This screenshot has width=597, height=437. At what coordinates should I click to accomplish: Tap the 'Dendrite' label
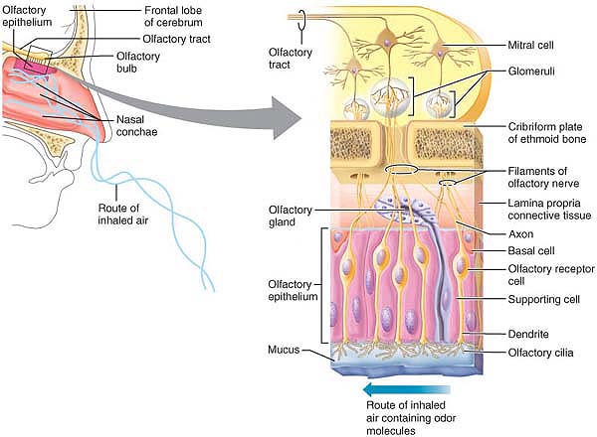(x=506, y=335)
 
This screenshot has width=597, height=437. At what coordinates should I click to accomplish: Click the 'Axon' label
(x=497, y=235)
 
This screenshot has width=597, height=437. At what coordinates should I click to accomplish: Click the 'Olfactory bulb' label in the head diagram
(x=137, y=63)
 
